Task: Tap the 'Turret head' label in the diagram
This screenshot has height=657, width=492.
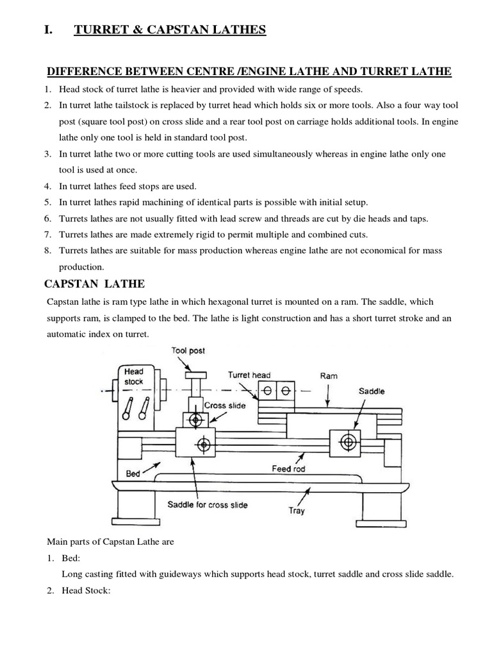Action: pos(249,375)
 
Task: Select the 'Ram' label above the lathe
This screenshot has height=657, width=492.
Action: pos(328,375)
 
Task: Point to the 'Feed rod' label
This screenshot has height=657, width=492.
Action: pos(289,468)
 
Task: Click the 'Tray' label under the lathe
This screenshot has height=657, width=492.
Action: pos(297,511)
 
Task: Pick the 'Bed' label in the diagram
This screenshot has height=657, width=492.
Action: pos(133,474)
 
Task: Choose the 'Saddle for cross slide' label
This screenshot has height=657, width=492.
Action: pos(207,504)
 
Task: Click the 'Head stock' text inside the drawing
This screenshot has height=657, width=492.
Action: pos(134,377)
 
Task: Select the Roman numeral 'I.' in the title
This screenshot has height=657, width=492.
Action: pos(49,29)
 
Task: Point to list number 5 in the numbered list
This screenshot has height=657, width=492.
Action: pos(47,202)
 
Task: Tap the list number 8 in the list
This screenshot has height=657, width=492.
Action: pos(47,250)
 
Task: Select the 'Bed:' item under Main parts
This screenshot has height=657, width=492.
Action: pos(69,558)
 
